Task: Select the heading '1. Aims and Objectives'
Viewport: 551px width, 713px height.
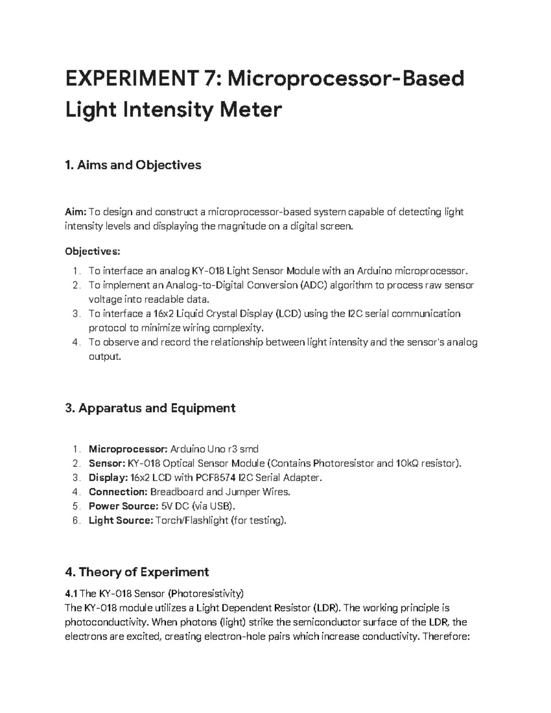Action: pos(133,165)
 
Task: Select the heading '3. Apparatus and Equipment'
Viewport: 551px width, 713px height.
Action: pos(151,408)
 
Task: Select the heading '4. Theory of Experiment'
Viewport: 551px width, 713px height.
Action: pos(137,572)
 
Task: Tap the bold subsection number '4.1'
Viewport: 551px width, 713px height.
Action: pos(72,594)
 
